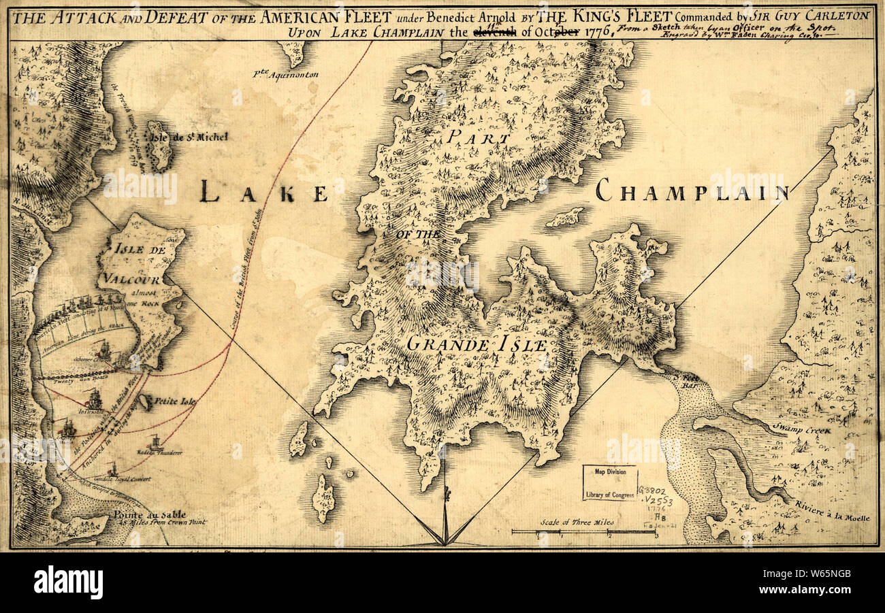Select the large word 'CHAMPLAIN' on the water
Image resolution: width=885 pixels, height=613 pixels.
[692, 191]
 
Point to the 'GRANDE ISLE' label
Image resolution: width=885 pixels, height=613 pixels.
[477, 345]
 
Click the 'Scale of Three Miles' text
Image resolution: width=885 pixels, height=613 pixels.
[577, 522]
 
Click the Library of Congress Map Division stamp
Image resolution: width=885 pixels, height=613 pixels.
[609, 482]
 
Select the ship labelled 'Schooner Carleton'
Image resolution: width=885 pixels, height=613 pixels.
[103, 351]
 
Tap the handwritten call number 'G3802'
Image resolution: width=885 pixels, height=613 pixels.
[652, 491]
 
